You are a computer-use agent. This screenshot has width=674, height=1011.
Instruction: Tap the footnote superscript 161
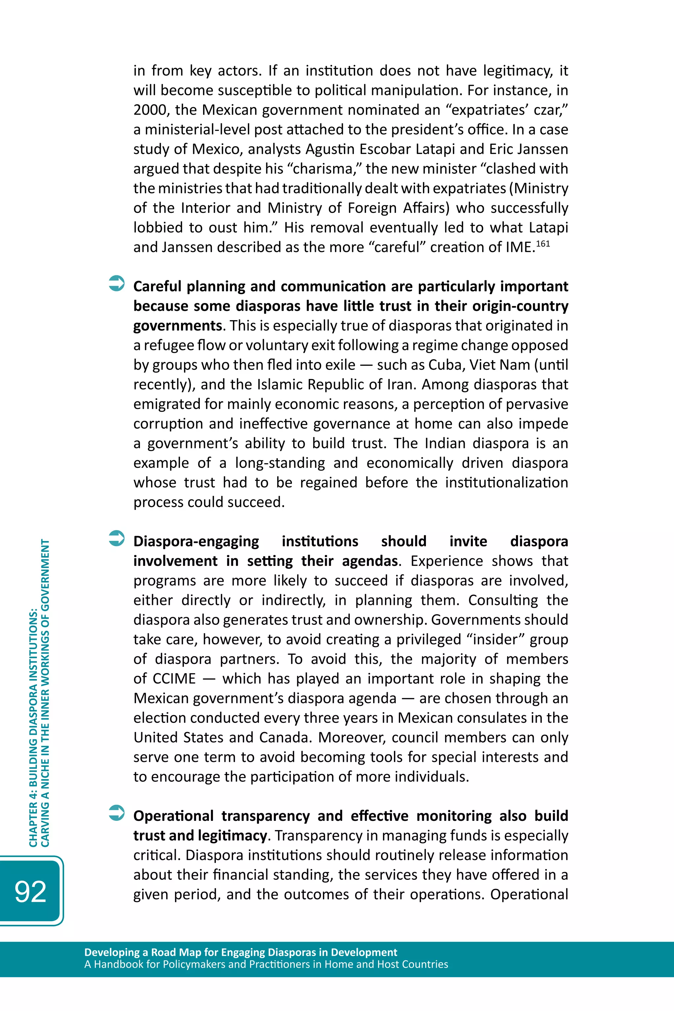[x=543, y=243]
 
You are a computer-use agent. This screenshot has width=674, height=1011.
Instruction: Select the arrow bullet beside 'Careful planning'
[x=117, y=283]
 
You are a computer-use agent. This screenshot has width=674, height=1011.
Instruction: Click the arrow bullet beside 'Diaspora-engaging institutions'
[x=117, y=538]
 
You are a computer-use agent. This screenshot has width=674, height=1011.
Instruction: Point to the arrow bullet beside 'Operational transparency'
[x=117, y=813]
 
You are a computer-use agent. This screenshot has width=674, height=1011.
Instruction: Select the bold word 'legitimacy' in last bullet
[x=233, y=836]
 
